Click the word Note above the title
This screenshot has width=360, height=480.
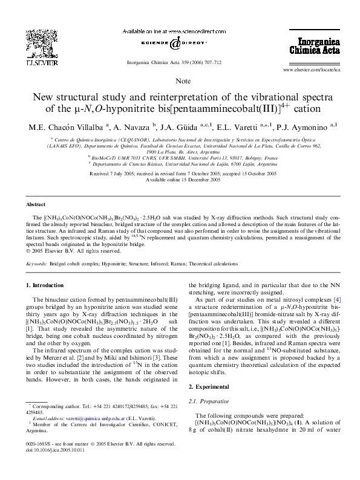[180, 80]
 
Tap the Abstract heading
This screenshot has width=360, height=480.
[36, 205]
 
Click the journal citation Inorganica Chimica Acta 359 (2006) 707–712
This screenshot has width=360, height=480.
[180, 62]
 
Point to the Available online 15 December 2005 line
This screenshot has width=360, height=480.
[180, 180]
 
